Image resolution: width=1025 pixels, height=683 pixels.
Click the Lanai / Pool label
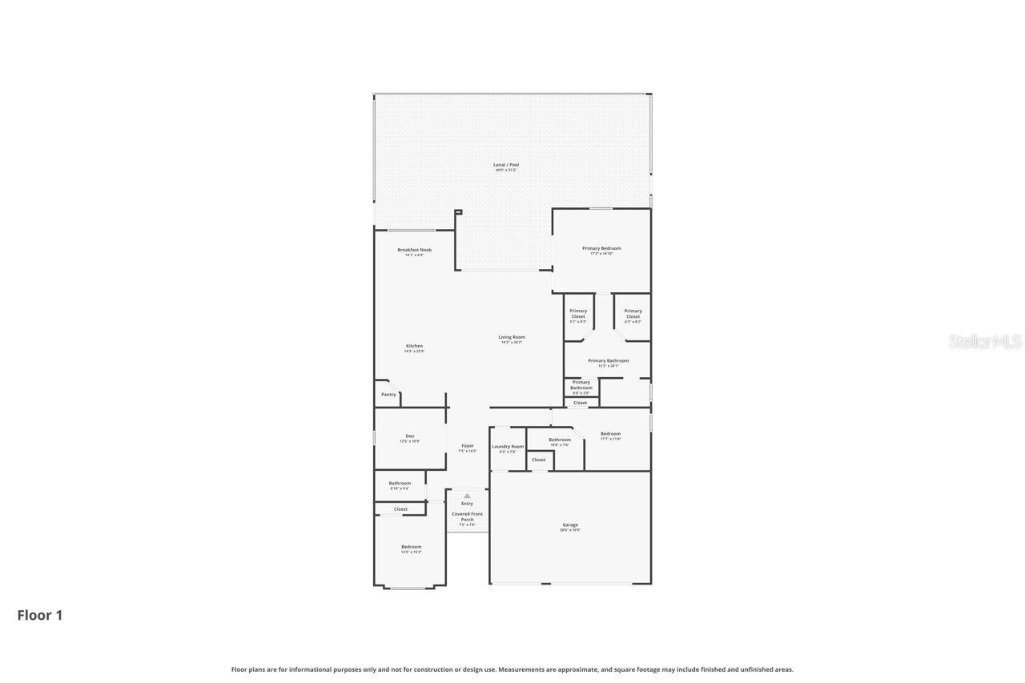point(506,165)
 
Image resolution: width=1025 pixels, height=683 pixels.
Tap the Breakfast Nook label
point(414,250)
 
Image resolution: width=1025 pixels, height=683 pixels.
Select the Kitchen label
point(414,346)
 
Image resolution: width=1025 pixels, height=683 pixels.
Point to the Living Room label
point(512,337)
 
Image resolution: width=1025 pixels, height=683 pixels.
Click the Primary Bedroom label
point(601,248)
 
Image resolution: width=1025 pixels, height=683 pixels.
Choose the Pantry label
point(388,395)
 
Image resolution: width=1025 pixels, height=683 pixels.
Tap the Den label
point(410,436)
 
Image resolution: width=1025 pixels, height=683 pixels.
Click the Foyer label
point(468,446)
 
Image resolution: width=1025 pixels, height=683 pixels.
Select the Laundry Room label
point(508,447)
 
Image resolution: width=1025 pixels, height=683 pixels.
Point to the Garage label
point(570,525)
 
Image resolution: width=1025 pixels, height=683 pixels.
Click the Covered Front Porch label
point(467,516)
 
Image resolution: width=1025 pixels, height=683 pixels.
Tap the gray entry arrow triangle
point(467,496)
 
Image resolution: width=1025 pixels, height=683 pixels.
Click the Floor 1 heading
point(40,615)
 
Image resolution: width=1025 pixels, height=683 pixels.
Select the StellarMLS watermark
point(985,342)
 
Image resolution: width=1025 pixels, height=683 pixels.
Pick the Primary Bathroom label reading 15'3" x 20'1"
point(608,361)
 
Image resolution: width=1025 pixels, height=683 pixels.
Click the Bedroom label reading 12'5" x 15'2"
point(411,547)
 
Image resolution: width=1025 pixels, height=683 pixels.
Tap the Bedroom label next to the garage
point(610,434)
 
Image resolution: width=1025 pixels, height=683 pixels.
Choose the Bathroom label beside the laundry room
point(560,440)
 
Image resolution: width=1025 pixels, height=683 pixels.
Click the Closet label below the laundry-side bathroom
point(539,460)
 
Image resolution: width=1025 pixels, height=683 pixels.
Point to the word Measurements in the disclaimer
point(525,669)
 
